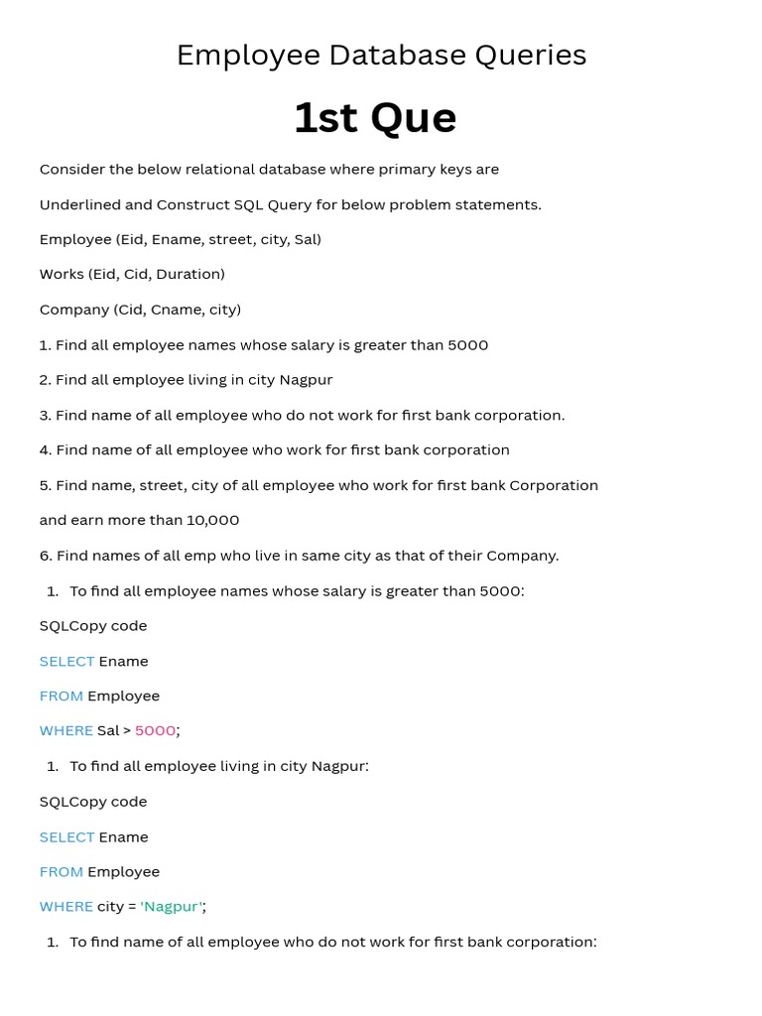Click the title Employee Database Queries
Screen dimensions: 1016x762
[x=381, y=56]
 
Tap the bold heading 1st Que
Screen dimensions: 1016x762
[x=375, y=118]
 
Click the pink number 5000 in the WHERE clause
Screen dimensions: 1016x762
[x=155, y=731]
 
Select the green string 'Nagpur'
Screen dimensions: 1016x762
[x=172, y=907]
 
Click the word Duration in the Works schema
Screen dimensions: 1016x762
[x=189, y=274]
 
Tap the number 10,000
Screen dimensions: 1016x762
[x=212, y=520]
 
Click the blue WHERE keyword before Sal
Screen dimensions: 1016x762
[x=65, y=731]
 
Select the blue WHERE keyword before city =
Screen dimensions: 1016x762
[x=65, y=907]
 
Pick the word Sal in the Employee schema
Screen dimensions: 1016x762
[x=306, y=239]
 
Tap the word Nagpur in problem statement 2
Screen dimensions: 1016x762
[x=306, y=380]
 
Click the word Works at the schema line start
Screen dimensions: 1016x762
[x=62, y=274]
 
